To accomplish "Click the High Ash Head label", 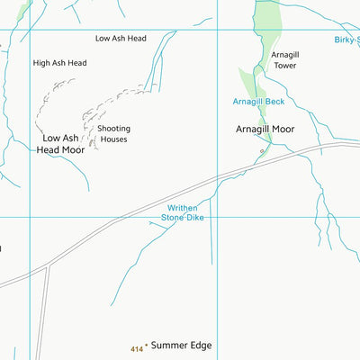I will click(59, 63).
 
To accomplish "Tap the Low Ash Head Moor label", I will click(60, 144).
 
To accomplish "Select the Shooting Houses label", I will click(113, 134).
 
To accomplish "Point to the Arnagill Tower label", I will click(284, 60).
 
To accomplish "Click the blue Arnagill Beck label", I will click(258, 102).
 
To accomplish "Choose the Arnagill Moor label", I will click(265, 130).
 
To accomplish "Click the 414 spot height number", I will click(136, 348).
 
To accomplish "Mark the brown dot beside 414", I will click(146, 346).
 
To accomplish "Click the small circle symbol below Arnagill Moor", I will click(262, 152).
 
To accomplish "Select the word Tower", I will click(284, 66).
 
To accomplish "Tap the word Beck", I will click(273, 102).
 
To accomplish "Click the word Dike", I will click(194, 218).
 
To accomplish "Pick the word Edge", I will click(200, 346).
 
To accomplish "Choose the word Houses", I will click(113, 139).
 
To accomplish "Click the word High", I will click(42, 63).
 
